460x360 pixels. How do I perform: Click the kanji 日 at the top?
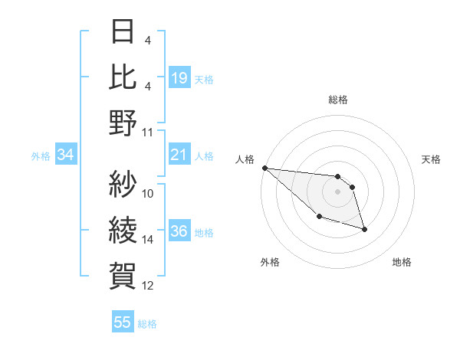point(123,32)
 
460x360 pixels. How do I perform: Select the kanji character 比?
point(123,77)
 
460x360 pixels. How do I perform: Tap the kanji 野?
point(123,123)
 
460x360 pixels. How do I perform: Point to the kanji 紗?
point(123,185)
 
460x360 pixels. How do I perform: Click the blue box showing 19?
point(179,77)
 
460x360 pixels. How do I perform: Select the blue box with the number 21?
point(179,155)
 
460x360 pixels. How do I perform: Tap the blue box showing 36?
point(179,232)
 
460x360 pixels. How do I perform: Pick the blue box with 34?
point(65,155)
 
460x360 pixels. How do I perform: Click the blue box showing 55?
point(123,322)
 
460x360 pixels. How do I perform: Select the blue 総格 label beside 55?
point(147,324)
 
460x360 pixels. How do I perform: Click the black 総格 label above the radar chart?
point(337,100)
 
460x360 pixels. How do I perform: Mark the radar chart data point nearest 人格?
point(264,168)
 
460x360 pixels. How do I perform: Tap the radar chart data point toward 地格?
point(364,229)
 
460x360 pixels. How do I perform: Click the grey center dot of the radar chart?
point(337,191)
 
